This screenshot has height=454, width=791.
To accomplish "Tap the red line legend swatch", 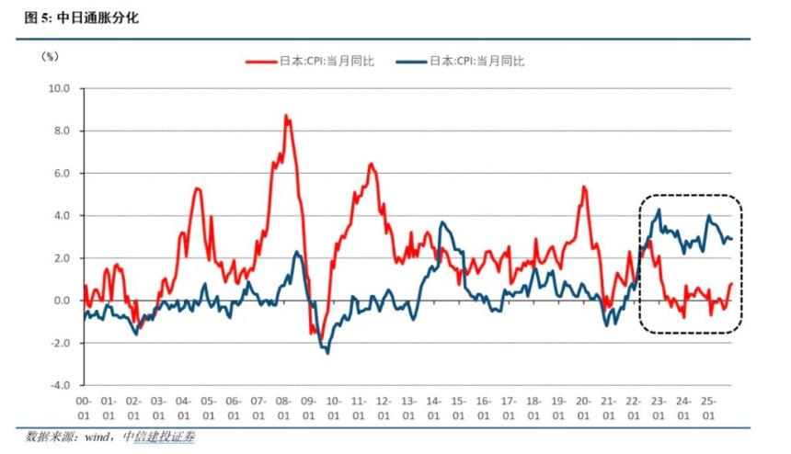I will click(x=260, y=62).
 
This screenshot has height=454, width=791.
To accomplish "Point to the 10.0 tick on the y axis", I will click(x=60, y=89).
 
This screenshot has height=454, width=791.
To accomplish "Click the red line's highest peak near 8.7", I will click(x=286, y=116).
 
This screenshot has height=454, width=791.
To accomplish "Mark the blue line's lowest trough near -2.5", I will click(x=327, y=353).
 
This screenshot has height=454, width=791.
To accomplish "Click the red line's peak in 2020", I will click(x=584, y=187).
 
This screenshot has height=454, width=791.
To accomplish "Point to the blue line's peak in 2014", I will click(x=442, y=222).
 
